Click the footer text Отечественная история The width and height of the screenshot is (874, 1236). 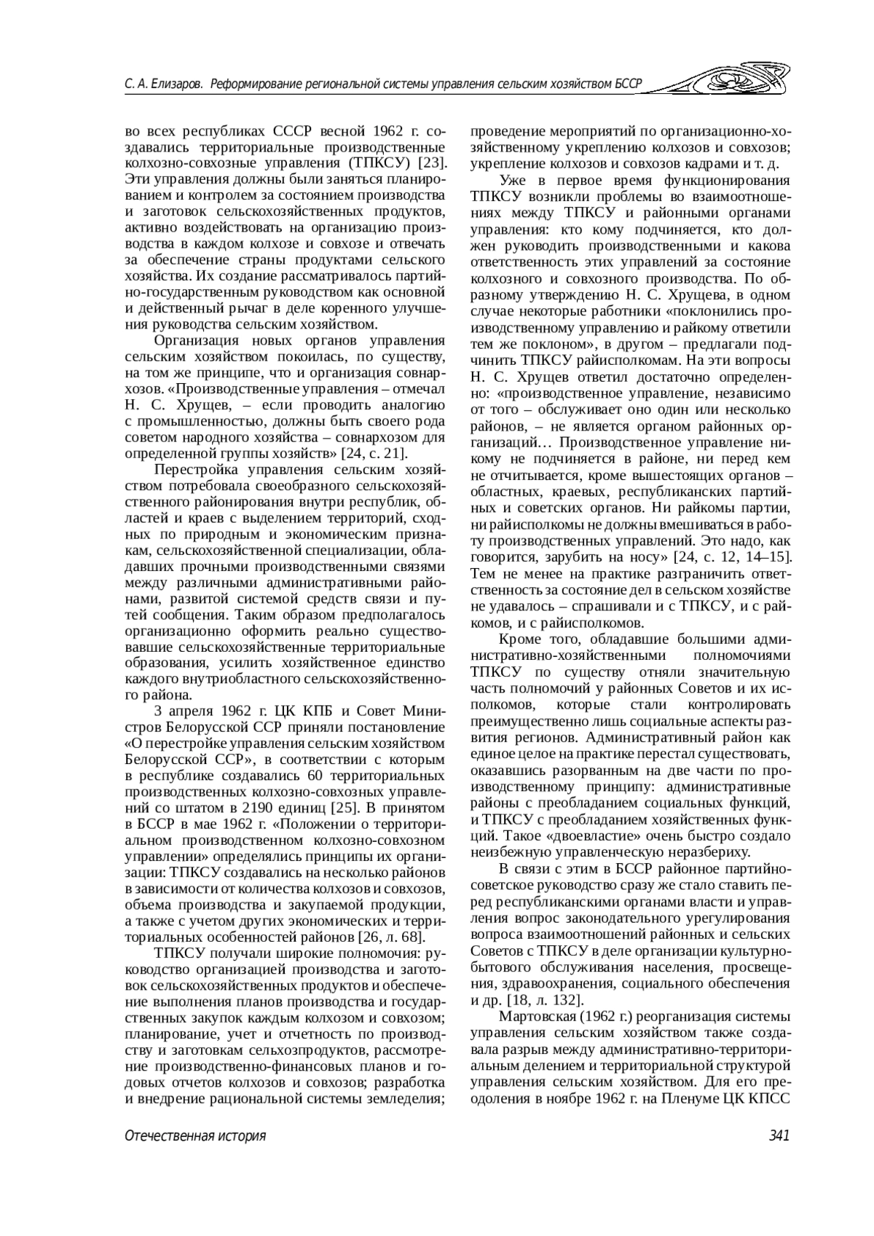point(195,1135)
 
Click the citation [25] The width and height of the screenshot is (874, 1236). point(344,808)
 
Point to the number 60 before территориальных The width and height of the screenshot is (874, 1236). point(315,776)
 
